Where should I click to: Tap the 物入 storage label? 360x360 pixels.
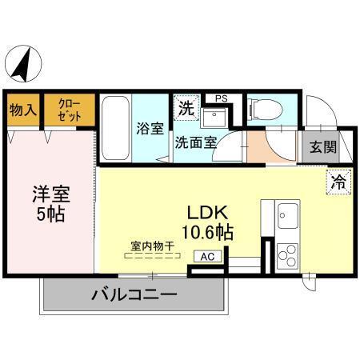(22, 110)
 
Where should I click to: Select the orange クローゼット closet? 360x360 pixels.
(68, 110)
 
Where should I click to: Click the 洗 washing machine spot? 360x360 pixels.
(185, 109)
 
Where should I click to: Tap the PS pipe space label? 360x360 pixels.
(221, 98)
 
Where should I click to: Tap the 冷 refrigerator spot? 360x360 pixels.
(339, 182)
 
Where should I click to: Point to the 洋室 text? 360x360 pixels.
(50, 194)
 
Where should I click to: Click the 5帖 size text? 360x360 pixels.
(50, 214)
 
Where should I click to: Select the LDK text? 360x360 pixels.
(209, 214)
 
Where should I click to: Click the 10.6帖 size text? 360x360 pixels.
(209, 234)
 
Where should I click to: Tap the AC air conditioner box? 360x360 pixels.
(207, 256)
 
